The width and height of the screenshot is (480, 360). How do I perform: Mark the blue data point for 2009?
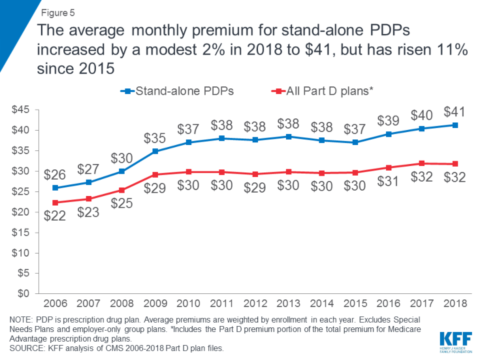click(x=155, y=152)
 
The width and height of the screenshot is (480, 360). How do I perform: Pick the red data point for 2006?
click(x=56, y=203)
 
